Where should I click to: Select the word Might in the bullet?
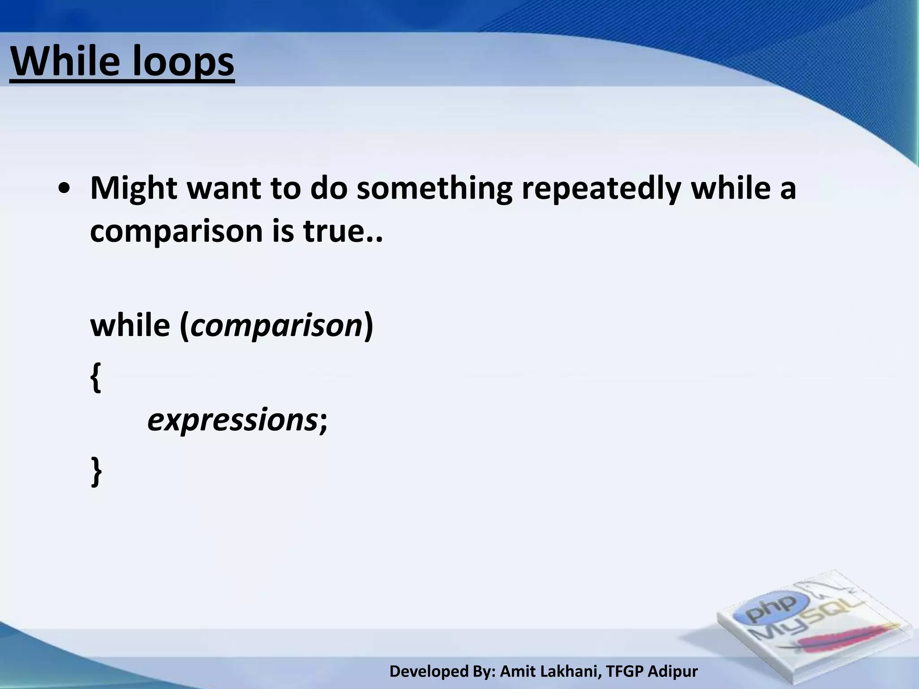133,188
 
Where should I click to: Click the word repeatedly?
601,188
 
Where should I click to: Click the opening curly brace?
96,377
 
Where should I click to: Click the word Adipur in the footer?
673,672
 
